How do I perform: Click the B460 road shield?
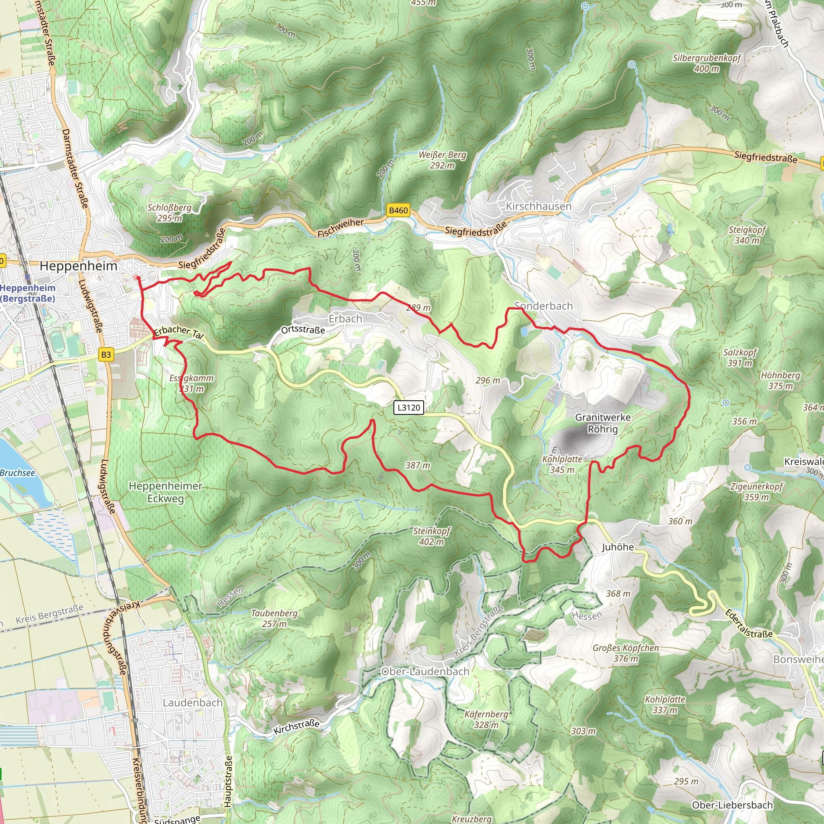[x=398, y=210]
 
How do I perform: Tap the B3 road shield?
[x=106, y=354]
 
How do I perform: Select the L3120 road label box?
[x=409, y=407]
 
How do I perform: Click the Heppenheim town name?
[x=78, y=266]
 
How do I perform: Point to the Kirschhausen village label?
[x=538, y=206]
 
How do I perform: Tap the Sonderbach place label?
[x=543, y=306]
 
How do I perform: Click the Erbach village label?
[x=345, y=319]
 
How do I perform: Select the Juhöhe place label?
[x=618, y=547]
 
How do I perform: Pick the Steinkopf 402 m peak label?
[x=431, y=536]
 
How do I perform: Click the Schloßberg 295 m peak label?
[x=169, y=213]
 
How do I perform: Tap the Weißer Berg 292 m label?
[x=442, y=160]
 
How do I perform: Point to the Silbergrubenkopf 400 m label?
[x=707, y=63]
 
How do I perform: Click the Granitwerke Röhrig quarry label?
[x=603, y=423]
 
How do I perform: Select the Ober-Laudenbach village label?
[x=425, y=672]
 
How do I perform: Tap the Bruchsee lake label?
[x=17, y=473]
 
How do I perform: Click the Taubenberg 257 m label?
[x=274, y=618]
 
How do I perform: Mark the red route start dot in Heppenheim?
[x=138, y=278]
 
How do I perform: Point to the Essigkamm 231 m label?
[x=191, y=383]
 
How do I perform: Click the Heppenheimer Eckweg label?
[x=165, y=492]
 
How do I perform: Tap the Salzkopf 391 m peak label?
[x=740, y=357]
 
